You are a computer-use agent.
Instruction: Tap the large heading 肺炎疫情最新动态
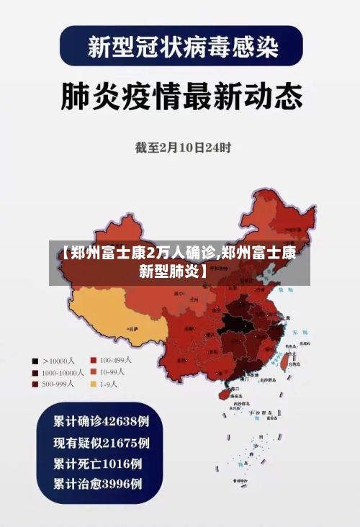pos(179,96)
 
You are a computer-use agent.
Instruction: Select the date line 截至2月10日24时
pos(183,148)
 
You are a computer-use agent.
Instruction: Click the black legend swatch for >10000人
pos(34,360)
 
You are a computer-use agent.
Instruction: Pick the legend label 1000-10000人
pos(63,373)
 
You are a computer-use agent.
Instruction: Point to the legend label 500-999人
pos(60,384)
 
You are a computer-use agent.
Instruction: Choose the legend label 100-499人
pos(116,360)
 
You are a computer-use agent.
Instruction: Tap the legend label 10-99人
pos(112,372)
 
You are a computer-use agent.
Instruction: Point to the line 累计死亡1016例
pos(97,462)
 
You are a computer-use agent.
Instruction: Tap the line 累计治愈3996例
pos(97,483)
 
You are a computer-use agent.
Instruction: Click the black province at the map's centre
pos(235,321)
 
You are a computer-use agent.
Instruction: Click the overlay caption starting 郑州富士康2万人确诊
pos(179,262)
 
